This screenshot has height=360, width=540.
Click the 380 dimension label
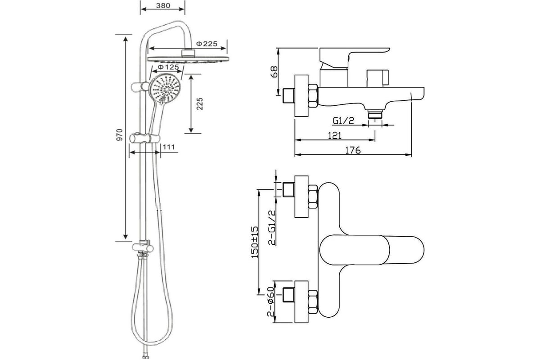tap(163, 5)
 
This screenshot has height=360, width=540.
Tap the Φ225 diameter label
tap(207, 44)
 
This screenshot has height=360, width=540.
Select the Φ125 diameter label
tap(168, 67)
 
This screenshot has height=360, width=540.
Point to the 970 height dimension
tap(120, 135)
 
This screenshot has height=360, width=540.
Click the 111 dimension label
tap(169, 147)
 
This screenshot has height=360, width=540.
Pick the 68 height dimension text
tap(274, 72)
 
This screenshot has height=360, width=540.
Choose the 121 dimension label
tap(335, 136)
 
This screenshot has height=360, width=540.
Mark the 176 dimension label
tap(353, 150)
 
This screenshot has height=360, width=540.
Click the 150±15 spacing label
tap(255, 242)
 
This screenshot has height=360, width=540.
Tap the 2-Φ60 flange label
tap(271, 301)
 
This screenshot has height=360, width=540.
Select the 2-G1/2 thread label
tap(272, 228)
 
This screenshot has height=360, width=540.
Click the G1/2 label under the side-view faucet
tap(343, 121)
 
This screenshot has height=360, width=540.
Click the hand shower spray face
tap(165, 89)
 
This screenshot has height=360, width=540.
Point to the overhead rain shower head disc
tap(188, 59)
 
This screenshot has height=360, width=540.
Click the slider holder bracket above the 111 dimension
tap(144, 139)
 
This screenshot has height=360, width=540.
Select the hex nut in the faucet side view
tap(313, 96)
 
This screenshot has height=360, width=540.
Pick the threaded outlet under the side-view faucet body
tap(375, 114)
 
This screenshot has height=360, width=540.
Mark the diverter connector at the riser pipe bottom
tap(143, 248)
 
